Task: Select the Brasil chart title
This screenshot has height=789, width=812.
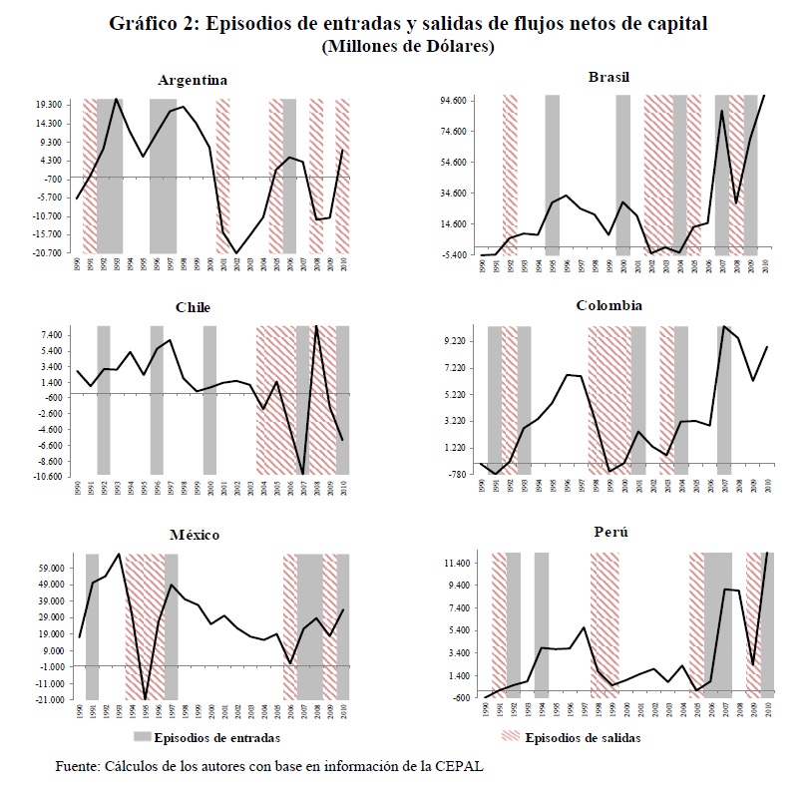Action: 609,77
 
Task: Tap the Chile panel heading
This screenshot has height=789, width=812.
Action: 193,307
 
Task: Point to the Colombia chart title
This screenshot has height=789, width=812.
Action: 609,305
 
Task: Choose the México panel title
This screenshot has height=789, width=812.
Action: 195,535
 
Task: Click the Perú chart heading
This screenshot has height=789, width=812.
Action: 609,532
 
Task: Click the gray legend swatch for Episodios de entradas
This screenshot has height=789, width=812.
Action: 142,738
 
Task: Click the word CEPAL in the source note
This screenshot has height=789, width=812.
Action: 462,766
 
